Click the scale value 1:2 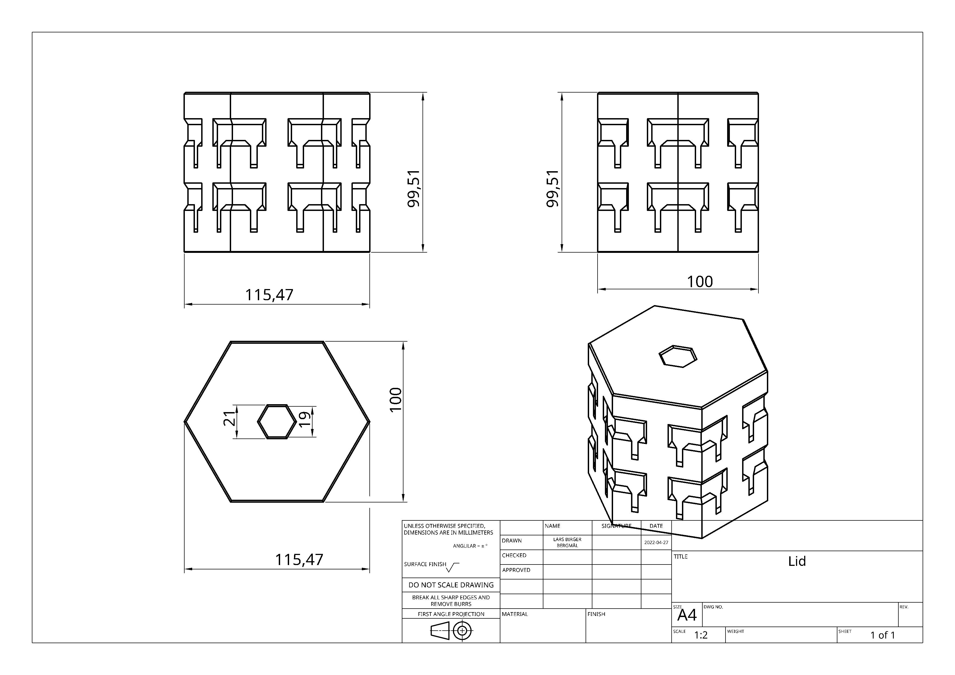701,635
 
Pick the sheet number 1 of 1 883,635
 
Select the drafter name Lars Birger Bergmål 567,542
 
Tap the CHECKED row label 514,555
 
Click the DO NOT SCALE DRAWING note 451,585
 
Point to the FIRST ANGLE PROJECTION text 451,614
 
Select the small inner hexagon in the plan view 277,421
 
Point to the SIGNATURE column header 616,526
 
